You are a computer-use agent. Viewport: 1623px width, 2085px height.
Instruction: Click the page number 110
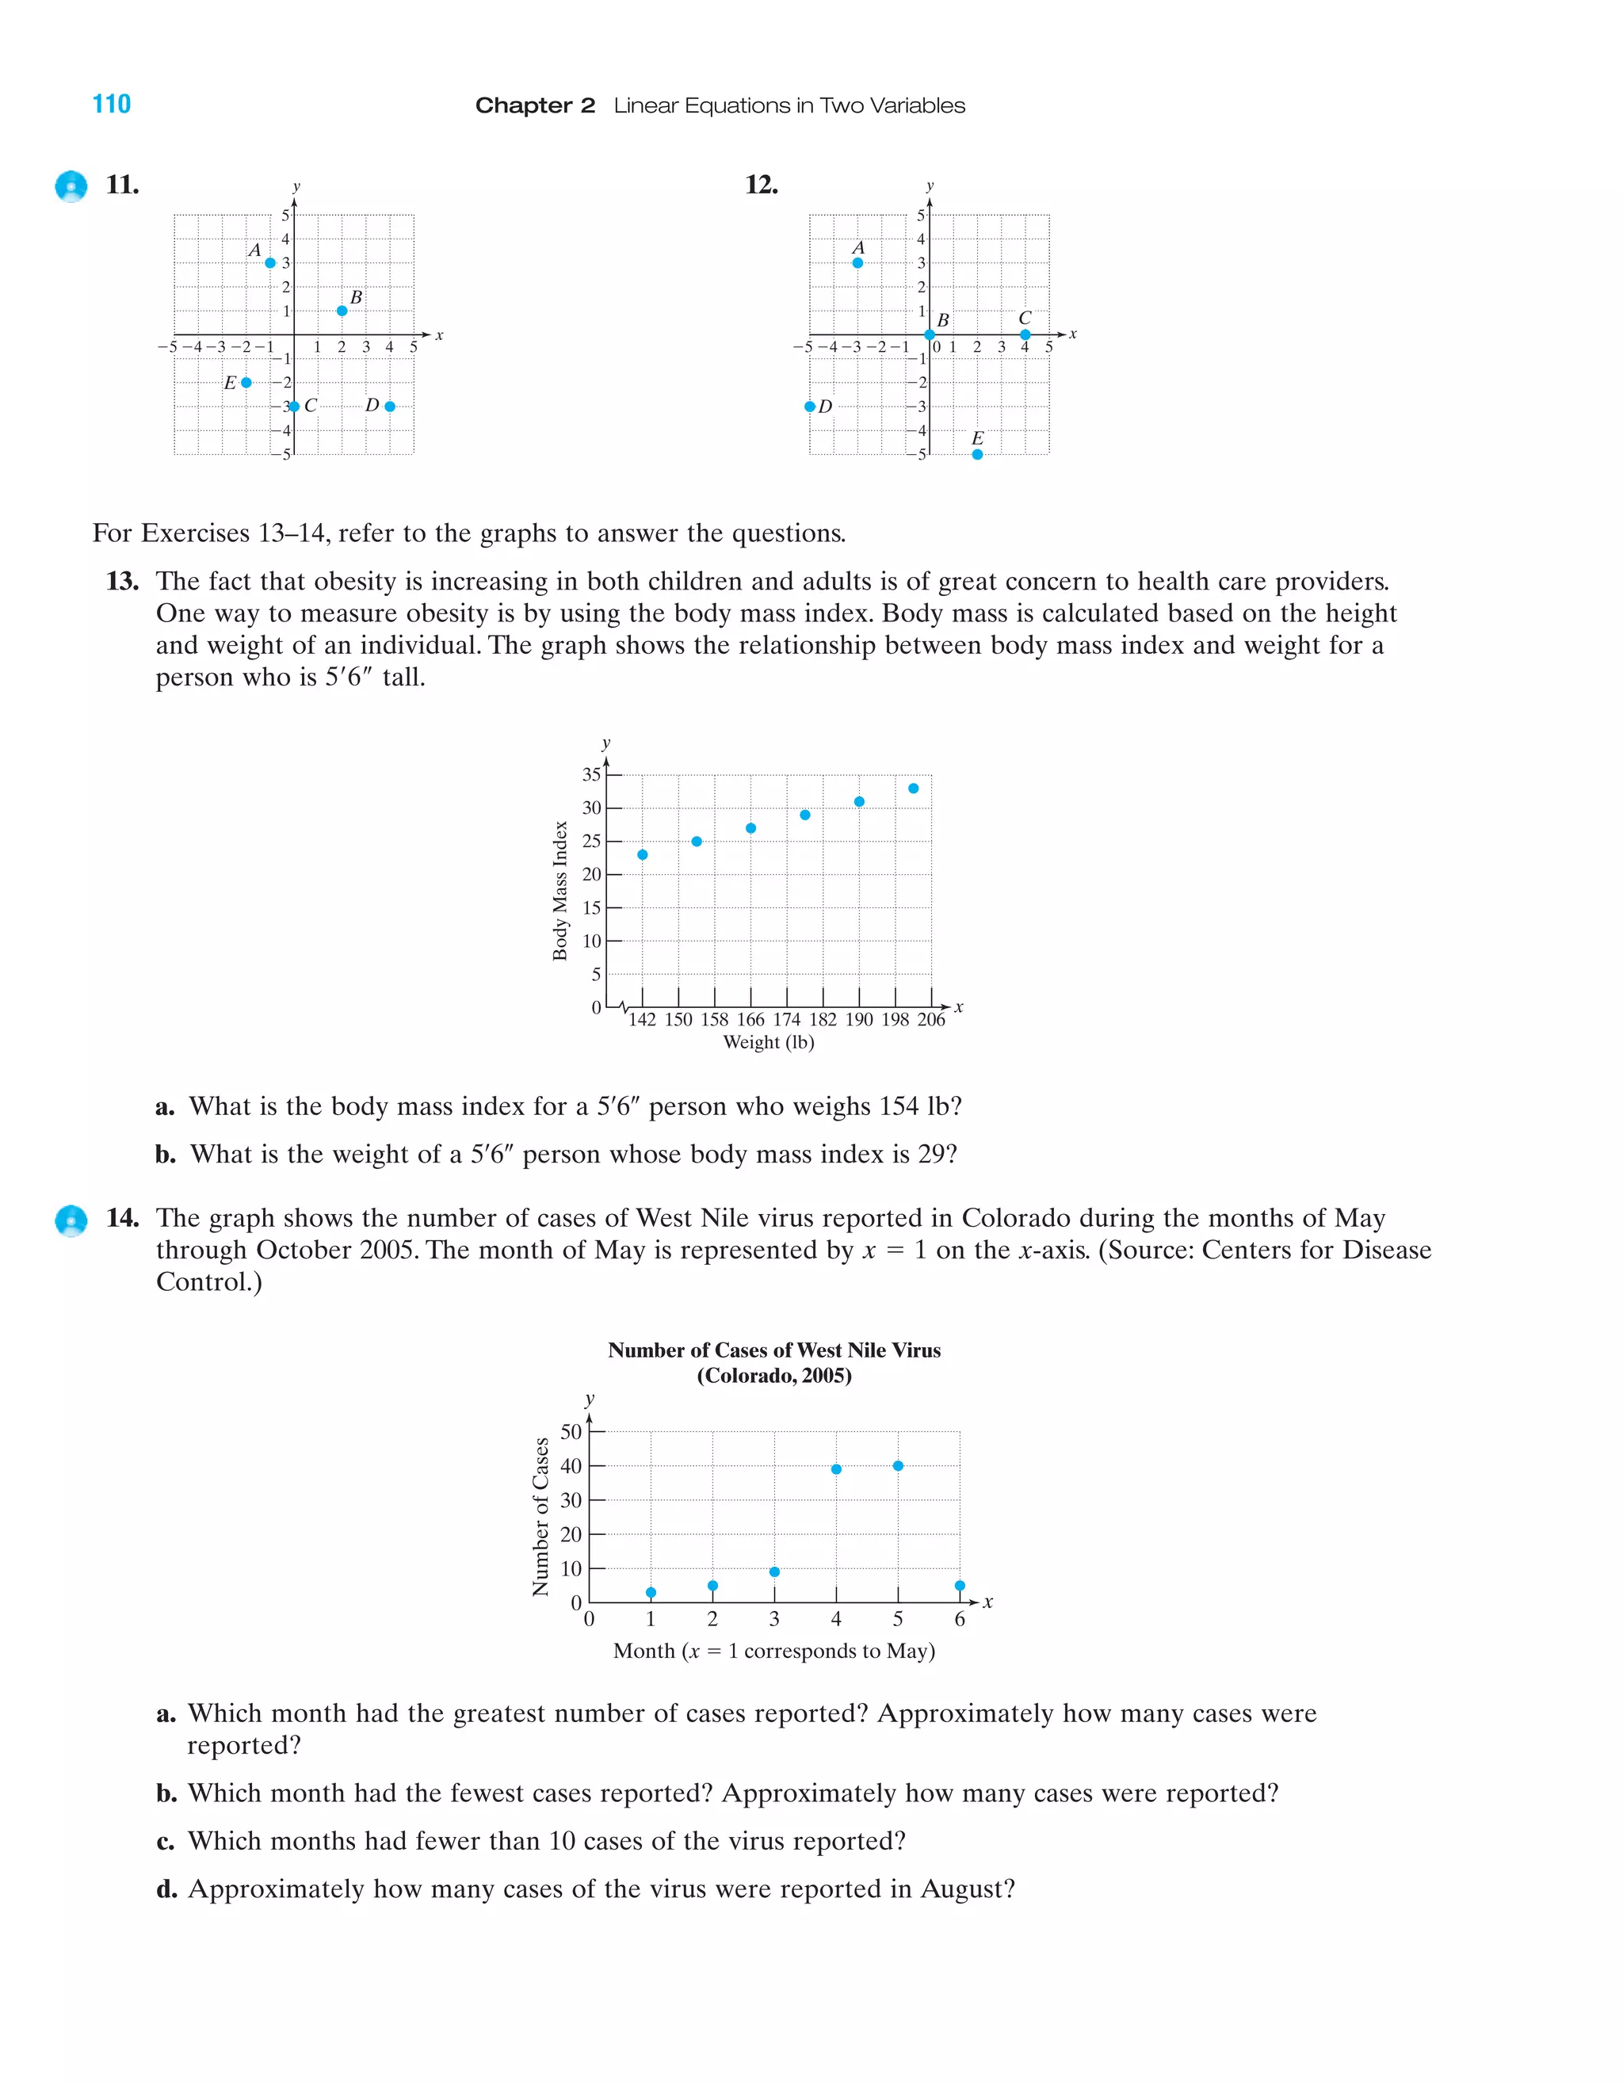click(x=112, y=104)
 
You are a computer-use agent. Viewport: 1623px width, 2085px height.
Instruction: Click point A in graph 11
click(x=270, y=262)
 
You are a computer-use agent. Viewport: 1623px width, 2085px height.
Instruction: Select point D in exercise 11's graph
click(x=390, y=407)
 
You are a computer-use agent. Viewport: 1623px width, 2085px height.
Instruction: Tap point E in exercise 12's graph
click(x=976, y=454)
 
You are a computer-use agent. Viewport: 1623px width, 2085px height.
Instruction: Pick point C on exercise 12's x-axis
click(x=1025, y=334)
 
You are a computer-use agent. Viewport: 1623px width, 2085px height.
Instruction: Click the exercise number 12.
click(x=761, y=185)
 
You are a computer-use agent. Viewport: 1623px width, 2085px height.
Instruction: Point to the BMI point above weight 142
click(x=643, y=854)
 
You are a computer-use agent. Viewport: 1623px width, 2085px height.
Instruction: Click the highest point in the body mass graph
click(x=914, y=789)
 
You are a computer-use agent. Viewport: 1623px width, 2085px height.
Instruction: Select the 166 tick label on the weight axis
click(x=750, y=1020)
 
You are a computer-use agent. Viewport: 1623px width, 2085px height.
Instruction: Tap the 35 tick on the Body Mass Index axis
click(x=592, y=774)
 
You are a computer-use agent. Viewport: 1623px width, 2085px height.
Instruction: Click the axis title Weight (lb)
click(x=769, y=1043)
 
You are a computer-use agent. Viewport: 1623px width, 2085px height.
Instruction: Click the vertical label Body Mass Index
click(x=560, y=891)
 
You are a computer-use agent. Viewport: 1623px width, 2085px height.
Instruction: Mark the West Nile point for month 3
click(x=774, y=1571)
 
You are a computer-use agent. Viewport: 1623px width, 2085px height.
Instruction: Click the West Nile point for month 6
click(x=960, y=1586)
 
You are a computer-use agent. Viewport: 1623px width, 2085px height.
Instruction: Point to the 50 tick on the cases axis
click(x=571, y=1432)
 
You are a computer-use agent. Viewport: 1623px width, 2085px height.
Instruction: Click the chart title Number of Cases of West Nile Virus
click(x=774, y=1350)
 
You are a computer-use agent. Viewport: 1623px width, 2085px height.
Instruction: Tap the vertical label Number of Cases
click(x=540, y=1516)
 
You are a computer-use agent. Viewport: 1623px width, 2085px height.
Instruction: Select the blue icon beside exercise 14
click(x=71, y=1221)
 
